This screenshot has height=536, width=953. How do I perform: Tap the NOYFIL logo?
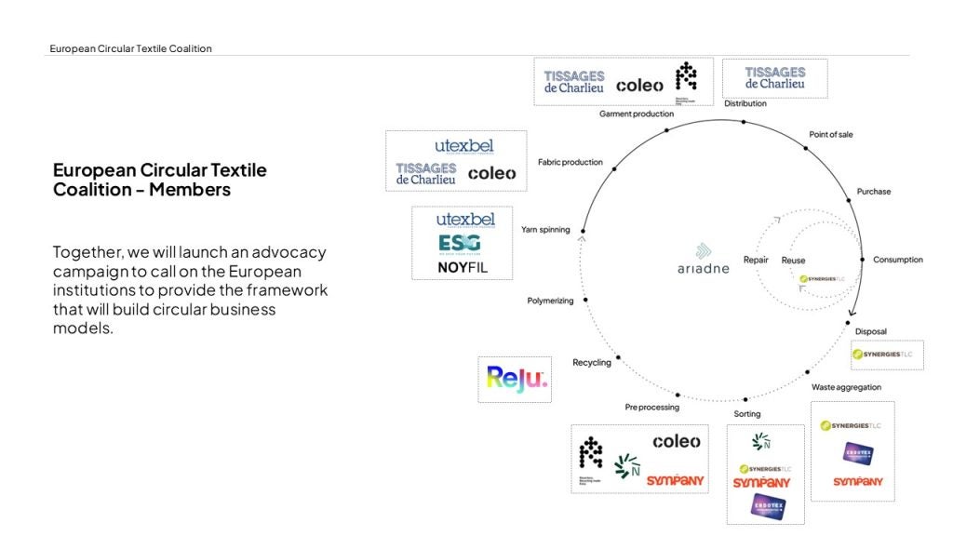(462, 268)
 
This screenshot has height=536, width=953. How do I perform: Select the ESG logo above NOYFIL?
(460, 244)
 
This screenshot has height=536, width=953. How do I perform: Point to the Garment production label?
(637, 114)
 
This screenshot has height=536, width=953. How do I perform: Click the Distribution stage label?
(745, 103)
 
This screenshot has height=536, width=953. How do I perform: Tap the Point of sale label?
(830, 135)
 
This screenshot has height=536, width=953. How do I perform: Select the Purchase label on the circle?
(874, 192)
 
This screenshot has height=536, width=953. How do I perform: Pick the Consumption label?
(898, 260)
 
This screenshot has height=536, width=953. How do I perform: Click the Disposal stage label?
(871, 331)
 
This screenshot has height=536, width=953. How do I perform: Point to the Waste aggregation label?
(846, 387)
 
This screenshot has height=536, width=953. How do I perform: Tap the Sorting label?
(747, 414)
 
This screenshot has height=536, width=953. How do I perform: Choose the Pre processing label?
(652, 407)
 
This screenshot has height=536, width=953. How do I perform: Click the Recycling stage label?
(592, 362)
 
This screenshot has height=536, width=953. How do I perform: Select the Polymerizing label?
(551, 301)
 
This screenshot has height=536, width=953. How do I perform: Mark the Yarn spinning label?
(546, 229)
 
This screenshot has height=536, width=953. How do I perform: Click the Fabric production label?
(570, 162)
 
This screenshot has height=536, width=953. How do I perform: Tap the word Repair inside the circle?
(756, 260)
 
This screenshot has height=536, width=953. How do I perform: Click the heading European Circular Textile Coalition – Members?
(160, 180)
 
